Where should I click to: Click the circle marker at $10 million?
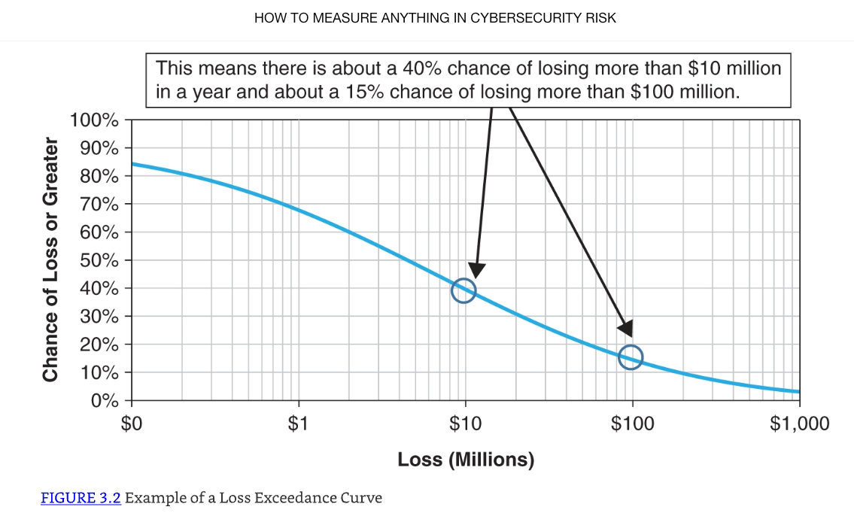[x=463, y=290]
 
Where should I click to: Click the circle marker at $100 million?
[x=631, y=357]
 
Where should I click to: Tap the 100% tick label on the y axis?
[x=94, y=120]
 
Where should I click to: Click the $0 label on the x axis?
[x=132, y=424]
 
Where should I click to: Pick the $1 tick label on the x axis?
[x=299, y=424]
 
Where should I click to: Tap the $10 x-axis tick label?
[x=465, y=424]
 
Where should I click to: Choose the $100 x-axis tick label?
[x=632, y=424]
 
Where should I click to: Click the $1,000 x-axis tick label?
[x=799, y=424]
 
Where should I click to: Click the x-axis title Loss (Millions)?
[x=466, y=460]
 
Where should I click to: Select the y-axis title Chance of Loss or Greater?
[x=51, y=259]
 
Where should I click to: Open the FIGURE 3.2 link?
[x=81, y=498]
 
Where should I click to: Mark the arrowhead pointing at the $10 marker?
[x=476, y=271]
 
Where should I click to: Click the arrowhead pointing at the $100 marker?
[x=625, y=329]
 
